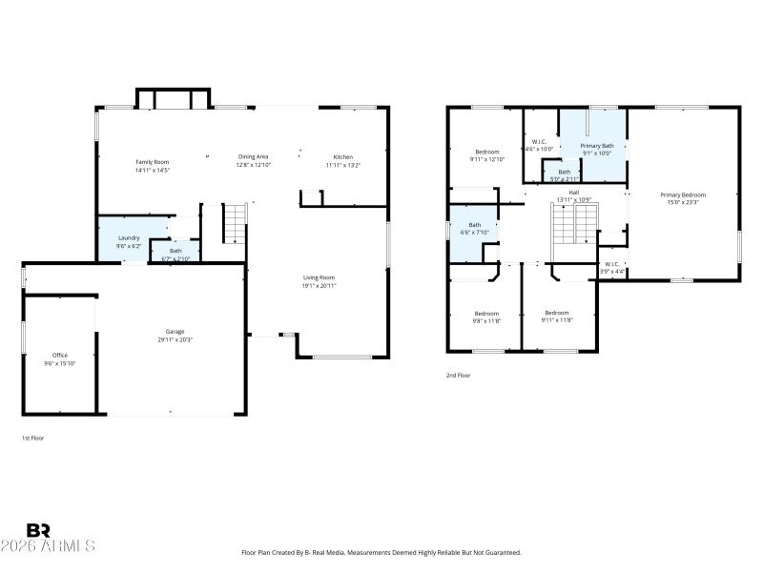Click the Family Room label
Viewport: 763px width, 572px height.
tap(151, 162)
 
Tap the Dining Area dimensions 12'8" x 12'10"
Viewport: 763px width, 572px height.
tap(254, 165)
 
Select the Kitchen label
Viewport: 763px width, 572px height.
tap(342, 156)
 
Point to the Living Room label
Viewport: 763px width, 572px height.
tap(320, 276)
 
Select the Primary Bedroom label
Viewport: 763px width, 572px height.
tap(681, 194)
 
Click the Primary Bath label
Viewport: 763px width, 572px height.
tap(597, 145)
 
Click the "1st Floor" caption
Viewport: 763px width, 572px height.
tap(33, 438)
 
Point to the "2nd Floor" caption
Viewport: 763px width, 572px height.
tap(459, 376)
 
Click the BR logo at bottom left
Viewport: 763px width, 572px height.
tap(38, 529)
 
